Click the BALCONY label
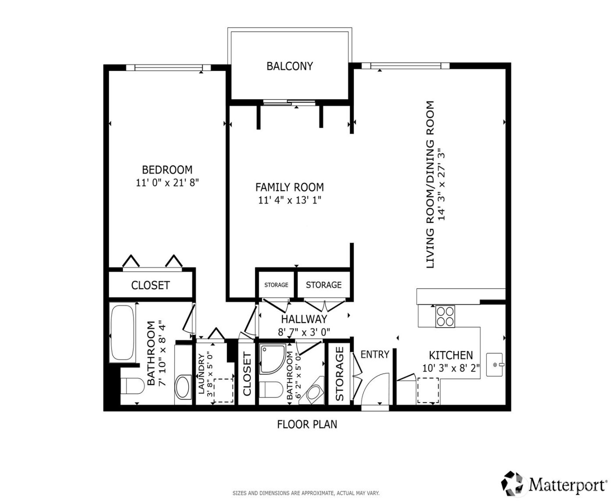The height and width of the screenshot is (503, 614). click(x=289, y=66)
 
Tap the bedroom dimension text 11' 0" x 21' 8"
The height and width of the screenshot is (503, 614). click(x=168, y=183)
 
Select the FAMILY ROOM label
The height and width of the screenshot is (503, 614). click(x=289, y=187)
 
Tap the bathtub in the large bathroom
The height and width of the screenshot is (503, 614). click(x=122, y=333)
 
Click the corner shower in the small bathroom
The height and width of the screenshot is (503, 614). click(x=271, y=359)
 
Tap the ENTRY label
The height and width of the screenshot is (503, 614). click(x=375, y=354)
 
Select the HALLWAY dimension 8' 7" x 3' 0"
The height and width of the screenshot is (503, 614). click(x=304, y=332)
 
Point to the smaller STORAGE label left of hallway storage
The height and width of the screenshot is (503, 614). click(x=276, y=285)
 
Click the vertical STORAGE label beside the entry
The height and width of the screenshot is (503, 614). click(x=340, y=374)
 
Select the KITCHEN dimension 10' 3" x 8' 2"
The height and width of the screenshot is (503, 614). click(x=451, y=368)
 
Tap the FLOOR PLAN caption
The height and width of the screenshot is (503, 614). click(x=307, y=425)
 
